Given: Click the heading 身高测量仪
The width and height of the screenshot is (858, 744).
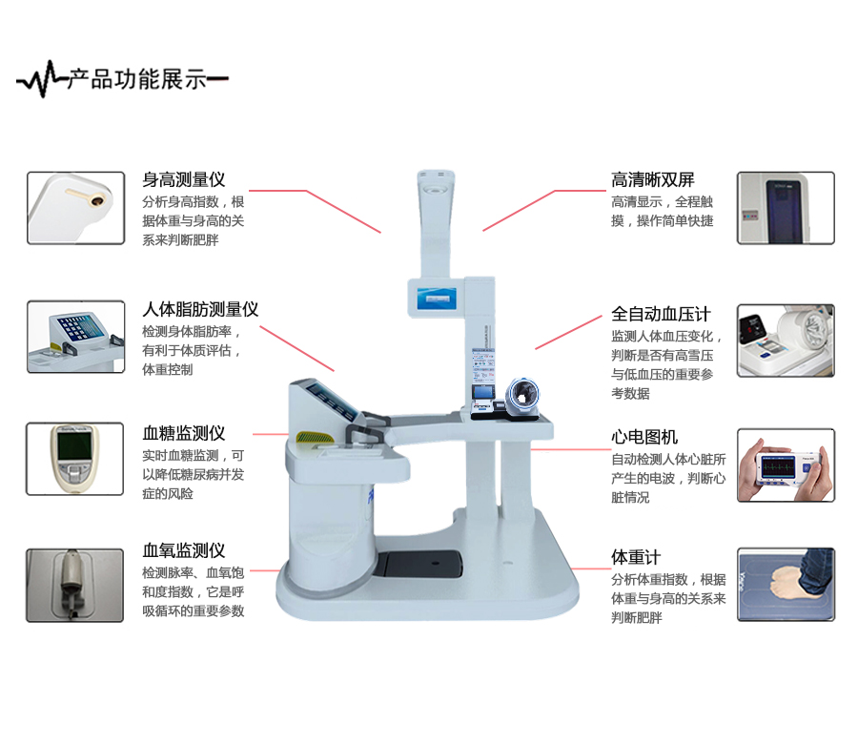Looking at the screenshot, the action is pyautogui.click(x=184, y=179).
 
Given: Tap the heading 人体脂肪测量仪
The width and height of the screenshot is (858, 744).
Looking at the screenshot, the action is pyautogui.click(x=200, y=309).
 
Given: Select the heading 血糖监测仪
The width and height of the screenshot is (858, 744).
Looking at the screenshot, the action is pyautogui.click(x=184, y=433).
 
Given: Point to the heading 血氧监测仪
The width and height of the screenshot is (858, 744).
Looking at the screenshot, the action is pyautogui.click(x=184, y=550).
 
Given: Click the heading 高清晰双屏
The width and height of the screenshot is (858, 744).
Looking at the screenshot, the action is pyautogui.click(x=653, y=179).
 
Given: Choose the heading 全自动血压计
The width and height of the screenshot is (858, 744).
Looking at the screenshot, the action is pyautogui.click(x=661, y=314).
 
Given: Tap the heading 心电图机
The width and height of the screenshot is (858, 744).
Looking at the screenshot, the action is pyautogui.click(x=644, y=437).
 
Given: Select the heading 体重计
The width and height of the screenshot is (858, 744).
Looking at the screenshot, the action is pyautogui.click(x=636, y=557).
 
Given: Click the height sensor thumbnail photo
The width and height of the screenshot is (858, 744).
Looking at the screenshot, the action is pyautogui.click(x=75, y=208).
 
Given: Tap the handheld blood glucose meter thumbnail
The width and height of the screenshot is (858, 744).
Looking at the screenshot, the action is pyautogui.click(x=75, y=459).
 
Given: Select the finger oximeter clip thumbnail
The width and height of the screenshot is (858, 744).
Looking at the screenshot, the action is pyautogui.click(x=75, y=586).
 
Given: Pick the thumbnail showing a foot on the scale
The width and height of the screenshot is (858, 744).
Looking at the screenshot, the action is pyautogui.click(x=786, y=584).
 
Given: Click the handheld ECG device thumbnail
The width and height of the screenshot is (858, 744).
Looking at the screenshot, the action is pyautogui.click(x=786, y=465).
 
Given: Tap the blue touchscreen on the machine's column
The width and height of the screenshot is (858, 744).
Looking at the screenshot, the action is pyautogui.click(x=437, y=299).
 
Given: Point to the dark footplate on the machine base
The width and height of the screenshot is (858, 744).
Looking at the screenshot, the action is pyautogui.click(x=419, y=564).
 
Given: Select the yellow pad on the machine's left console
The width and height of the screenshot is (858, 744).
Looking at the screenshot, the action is pyautogui.click(x=315, y=438).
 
